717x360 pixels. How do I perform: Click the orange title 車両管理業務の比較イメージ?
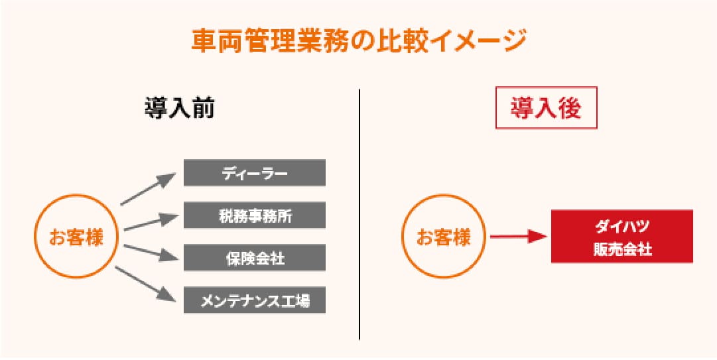[x=358, y=42]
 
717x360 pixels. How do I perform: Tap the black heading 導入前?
[x=180, y=109]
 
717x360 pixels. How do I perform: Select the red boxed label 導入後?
[x=547, y=108]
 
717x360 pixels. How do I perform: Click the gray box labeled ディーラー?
[x=255, y=172]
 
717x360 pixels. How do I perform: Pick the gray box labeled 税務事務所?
[x=255, y=215]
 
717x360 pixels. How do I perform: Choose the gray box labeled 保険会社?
[x=255, y=258]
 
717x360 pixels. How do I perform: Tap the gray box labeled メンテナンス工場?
[x=255, y=300]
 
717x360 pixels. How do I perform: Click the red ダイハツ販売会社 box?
[x=622, y=236]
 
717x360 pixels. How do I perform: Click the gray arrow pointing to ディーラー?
[x=148, y=189]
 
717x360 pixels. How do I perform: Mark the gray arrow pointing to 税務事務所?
[x=151, y=222]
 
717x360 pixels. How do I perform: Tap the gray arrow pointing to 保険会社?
[x=151, y=252]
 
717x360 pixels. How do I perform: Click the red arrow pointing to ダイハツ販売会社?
[x=519, y=237]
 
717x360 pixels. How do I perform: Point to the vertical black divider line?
[x=359, y=214]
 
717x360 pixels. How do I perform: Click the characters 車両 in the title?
[x=217, y=42]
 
